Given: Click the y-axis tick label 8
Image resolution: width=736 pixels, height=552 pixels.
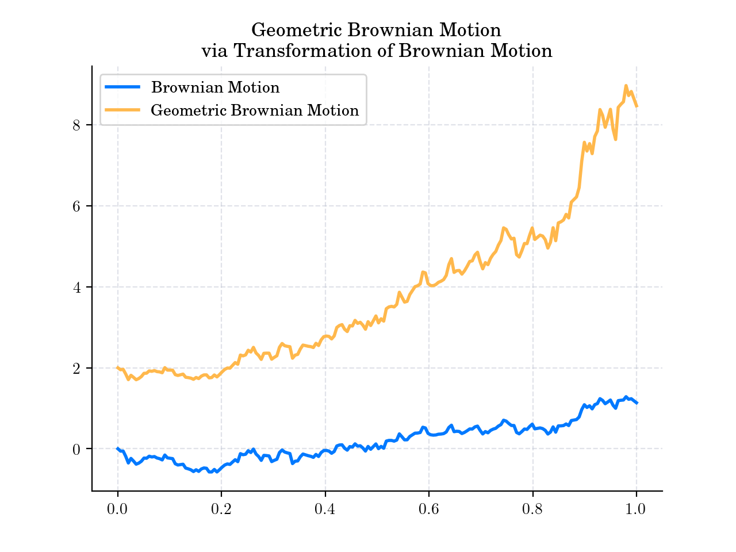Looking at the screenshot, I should [76, 125].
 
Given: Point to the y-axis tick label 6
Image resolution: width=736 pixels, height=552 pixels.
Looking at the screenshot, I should [76, 206].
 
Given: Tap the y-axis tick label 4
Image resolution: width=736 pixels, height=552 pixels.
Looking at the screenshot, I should [76, 287].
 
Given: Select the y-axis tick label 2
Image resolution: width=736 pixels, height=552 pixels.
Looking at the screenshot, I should [76, 369].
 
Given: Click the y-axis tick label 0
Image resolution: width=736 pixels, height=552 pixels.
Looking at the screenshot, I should [76, 450].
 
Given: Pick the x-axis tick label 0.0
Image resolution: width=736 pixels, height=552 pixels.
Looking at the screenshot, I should [117, 509].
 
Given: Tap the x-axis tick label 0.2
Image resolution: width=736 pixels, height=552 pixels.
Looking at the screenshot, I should [221, 509].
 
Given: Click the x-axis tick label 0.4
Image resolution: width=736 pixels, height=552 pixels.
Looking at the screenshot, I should [325, 509].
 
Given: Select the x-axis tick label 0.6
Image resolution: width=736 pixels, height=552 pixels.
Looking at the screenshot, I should [429, 509].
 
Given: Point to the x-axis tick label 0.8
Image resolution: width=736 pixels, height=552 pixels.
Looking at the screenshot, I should [532, 509].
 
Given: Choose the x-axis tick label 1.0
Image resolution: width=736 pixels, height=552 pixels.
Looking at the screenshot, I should [636, 509].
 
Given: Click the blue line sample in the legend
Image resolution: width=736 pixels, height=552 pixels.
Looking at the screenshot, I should [122, 87].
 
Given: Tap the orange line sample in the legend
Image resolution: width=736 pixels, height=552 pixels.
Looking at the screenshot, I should [122, 110].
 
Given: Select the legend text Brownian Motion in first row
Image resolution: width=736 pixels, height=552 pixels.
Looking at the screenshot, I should [215, 87].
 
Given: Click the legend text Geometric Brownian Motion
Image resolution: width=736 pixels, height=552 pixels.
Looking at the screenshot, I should [255, 110].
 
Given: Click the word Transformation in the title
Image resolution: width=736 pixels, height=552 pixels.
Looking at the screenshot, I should [289, 51].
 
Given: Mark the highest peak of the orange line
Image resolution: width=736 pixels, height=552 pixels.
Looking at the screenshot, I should [626, 86].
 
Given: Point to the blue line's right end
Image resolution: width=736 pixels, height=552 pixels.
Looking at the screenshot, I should [637, 403].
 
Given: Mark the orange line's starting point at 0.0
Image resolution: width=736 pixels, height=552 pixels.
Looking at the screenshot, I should [118, 367].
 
